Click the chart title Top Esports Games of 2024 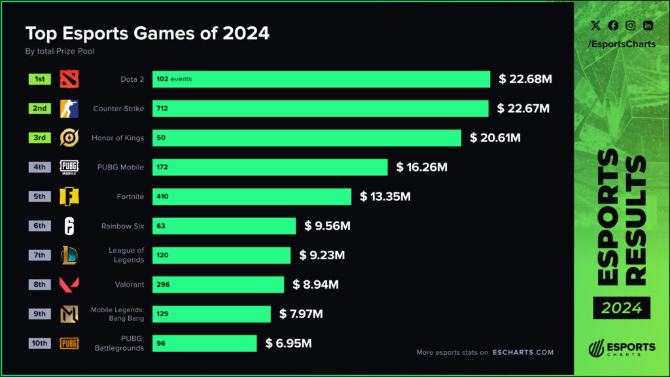(147, 33)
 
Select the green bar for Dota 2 (321, 79)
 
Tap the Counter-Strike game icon (69, 109)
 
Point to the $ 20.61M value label (495, 138)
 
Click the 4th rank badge (40, 167)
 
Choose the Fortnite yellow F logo (69, 196)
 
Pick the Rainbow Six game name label (122, 226)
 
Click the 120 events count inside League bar (162, 255)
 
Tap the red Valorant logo (69, 285)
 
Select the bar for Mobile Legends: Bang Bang (211, 314)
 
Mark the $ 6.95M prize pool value (288, 343)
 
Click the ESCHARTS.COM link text (523, 352)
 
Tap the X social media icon (595, 26)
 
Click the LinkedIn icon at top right (648, 26)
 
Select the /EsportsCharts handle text (622, 44)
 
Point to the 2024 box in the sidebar (622, 307)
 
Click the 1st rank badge (40, 79)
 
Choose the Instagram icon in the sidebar (631, 26)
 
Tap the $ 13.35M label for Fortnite (385, 196)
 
